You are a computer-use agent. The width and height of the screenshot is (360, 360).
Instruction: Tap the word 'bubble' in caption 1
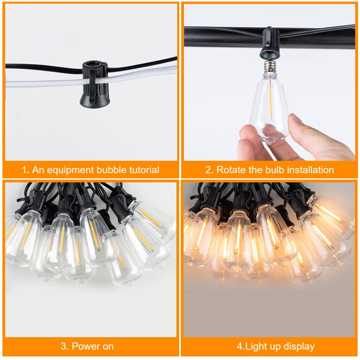(110, 170)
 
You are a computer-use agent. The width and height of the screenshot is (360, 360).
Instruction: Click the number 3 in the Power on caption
(63, 346)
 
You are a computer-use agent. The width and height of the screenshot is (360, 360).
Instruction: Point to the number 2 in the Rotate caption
(208, 170)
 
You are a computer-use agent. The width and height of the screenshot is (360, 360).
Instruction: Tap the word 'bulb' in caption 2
(272, 170)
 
